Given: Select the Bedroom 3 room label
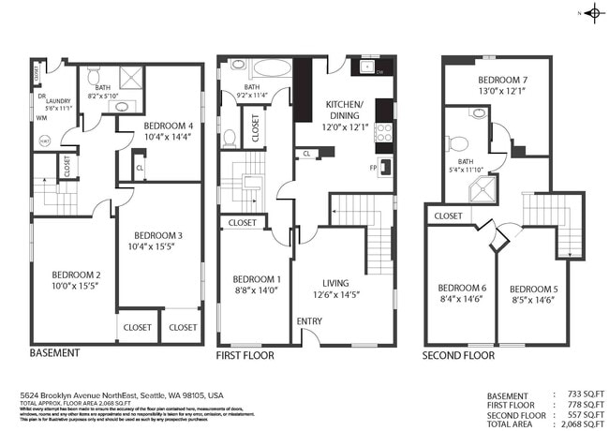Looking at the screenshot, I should click(x=158, y=235).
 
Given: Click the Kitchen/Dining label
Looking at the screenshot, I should click(x=350, y=109).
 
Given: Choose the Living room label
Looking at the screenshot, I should click(x=335, y=282).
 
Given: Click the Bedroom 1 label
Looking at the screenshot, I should click(x=257, y=279).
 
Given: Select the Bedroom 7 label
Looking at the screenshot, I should click(x=502, y=81).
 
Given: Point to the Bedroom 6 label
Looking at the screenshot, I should click(x=462, y=288).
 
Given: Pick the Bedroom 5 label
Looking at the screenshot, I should click(x=534, y=289).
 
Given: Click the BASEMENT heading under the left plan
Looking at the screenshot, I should click(x=54, y=353).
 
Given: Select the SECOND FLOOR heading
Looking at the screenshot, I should click(x=458, y=355).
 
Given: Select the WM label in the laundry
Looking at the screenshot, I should click(x=41, y=118).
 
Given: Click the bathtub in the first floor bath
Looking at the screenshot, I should click(x=271, y=68).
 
